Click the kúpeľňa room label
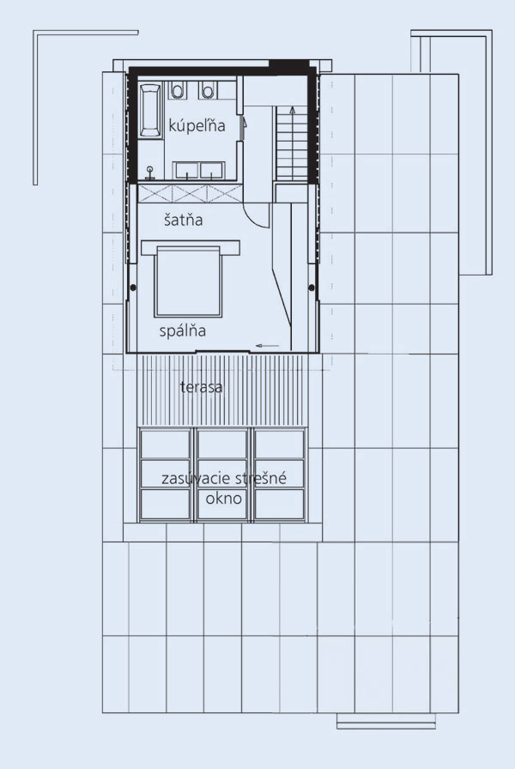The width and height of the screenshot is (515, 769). (x=197, y=125)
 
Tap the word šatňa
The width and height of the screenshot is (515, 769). (x=184, y=220)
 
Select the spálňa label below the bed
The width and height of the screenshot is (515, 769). (x=183, y=331)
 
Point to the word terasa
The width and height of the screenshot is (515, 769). (x=201, y=387)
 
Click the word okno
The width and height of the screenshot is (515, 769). (x=224, y=499)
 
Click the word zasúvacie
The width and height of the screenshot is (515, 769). (x=194, y=478)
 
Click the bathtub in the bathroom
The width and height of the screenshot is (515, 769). (x=150, y=111)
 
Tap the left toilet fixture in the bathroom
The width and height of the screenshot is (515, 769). (x=177, y=90)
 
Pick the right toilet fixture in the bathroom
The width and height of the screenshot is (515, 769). (x=208, y=90)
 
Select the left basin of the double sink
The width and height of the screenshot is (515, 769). (x=186, y=171)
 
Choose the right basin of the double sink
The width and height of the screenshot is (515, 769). (x=211, y=171)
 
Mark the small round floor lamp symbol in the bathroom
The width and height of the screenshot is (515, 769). (x=149, y=173)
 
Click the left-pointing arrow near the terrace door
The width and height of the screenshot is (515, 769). (x=267, y=346)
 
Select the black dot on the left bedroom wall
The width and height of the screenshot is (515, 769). (x=133, y=288)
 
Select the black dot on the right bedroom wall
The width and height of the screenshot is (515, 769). (x=312, y=288)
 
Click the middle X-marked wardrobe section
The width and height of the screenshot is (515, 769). (x=190, y=193)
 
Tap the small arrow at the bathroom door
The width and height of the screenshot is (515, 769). (x=244, y=122)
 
